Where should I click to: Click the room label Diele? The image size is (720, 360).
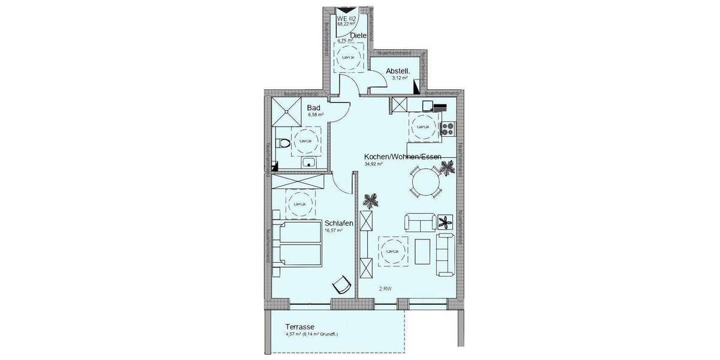(x=358, y=36)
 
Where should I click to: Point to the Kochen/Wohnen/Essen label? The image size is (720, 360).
(x=403, y=157)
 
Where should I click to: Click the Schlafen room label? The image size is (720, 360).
(x=338, y=223)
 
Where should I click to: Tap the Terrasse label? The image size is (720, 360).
(x=301, y=328)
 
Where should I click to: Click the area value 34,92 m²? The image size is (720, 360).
(x=373, y=164)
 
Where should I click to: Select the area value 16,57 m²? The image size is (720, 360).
(x=333, y=230)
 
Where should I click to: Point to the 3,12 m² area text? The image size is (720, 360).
(x=400, y=78)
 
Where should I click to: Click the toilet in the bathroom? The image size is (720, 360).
(x=283, y=143)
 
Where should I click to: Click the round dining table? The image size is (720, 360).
(x=425, y=181)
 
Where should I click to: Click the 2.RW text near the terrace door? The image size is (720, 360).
(x=385, y=289)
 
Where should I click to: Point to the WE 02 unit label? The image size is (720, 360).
(x=347, y=19)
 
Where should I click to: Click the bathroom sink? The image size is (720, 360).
(x=310, y=161)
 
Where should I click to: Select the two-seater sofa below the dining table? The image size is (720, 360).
(x=420, y=222)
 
